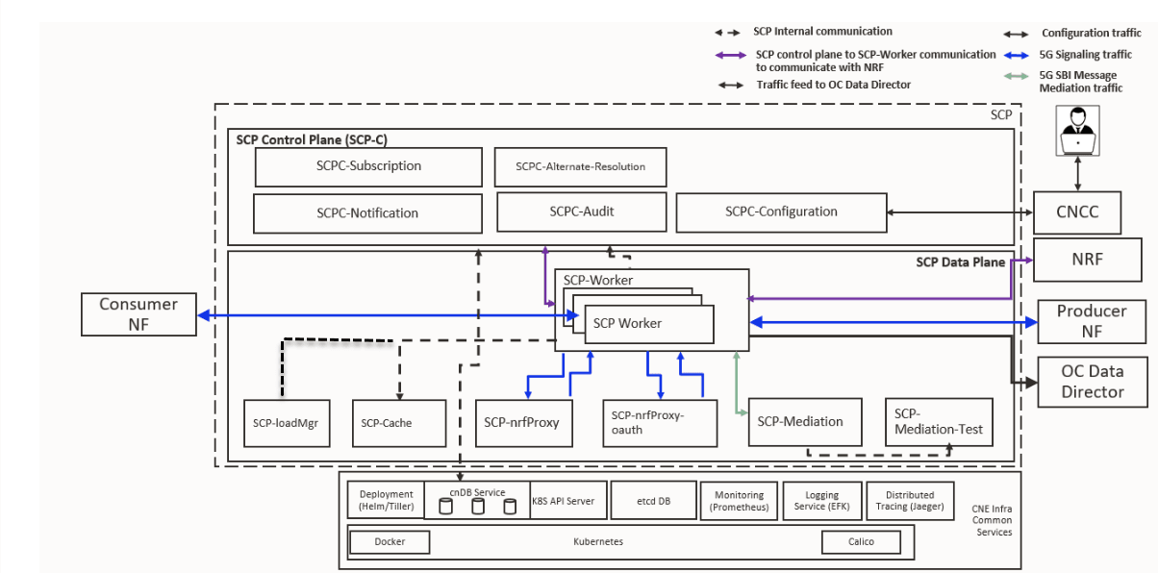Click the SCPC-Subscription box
pos(368,166)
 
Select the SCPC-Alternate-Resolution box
pos(580,166)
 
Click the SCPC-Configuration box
pos(781,212)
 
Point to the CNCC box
pos(1078,212)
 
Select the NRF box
pos(1087,260)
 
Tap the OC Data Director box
pos(1092,382)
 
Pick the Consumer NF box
pos(138,314)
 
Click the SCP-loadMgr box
pos(285,423)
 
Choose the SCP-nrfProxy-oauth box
pos(660,423)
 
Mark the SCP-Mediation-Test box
pos(939,423)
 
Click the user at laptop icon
pos(1078,131)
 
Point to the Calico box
pos(861,542)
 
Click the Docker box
pos(390,542)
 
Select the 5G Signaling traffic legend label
pos(1085,55)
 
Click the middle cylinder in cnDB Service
pos(478,506)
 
